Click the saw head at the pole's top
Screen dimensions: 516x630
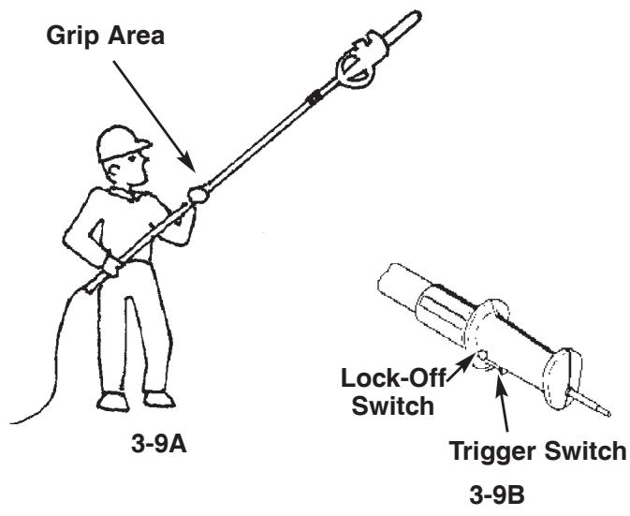[x=365, y=61]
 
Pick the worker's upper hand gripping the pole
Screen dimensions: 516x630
[x=198, y=198]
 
